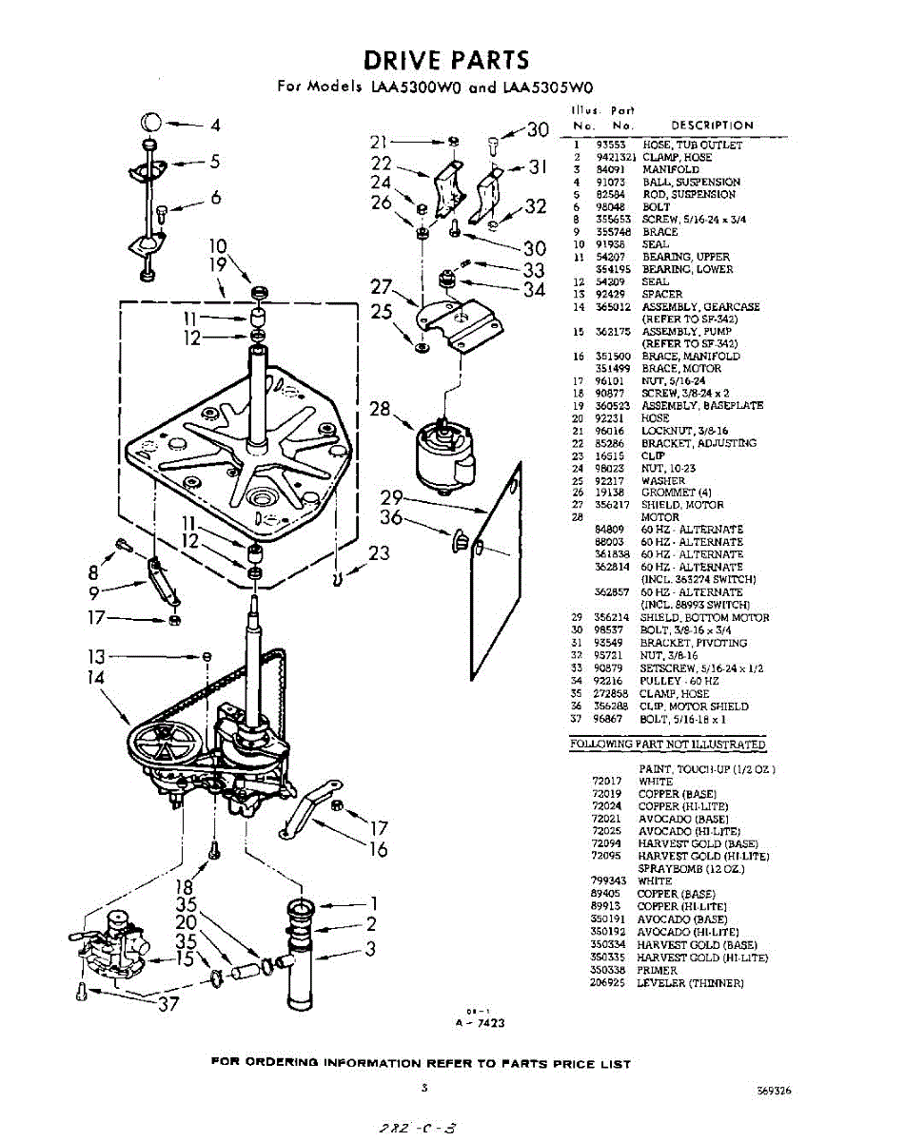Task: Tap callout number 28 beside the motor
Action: coord(380,410)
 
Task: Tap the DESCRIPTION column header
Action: coord(712,125)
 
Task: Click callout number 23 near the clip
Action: coord(379,552)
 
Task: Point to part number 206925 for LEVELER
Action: coord(606,982)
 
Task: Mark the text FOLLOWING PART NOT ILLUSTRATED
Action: coord(667,745)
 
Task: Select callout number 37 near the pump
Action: coord(168,1006)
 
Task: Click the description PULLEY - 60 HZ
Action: coord(680,681)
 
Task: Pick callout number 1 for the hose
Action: coord(374,903)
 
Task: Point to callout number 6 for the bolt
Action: coord(216,198)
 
